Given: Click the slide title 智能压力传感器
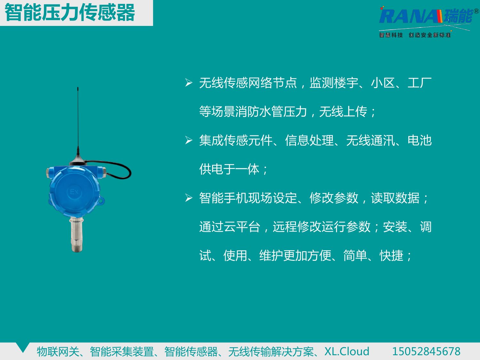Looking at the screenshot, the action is pos(70,13).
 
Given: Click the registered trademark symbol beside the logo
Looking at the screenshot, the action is pos(476,11).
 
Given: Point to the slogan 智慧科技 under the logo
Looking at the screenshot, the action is pos(391,35).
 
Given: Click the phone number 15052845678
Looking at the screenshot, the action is pos(426,351).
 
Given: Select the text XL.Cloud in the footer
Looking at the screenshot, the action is pos(347,351).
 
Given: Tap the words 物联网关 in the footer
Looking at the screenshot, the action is pos(58,351).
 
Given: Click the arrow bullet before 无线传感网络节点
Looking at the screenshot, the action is pos(189,83).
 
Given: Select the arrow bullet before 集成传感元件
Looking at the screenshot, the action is pos(189,140).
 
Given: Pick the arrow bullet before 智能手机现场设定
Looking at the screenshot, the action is pos(189,198).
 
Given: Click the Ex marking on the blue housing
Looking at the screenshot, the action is pos(74,192).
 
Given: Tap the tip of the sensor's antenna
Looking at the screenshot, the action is pos(78,88).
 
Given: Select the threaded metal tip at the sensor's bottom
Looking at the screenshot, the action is pos(77,248).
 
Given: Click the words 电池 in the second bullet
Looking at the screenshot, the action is pos(420,140).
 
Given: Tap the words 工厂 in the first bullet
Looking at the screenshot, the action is pos(420,83).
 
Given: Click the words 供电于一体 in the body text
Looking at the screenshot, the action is pos(229,169).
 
